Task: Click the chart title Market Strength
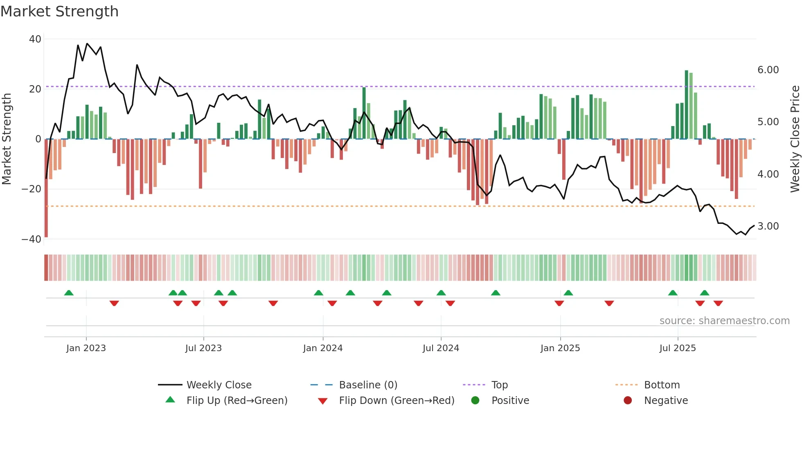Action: click(x=59, y=11)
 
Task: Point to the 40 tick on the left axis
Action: click(x=35, y=39)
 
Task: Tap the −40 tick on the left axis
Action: click(x=32, y=239)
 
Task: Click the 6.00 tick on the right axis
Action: click(x=768, y=70)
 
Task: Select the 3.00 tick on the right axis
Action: click(x=768, y=226)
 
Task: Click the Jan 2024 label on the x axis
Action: click(x=322, y=348)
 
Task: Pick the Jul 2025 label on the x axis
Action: click(x=677, y=348)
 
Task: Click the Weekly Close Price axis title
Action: click(x=795, y=139)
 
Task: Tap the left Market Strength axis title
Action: click(x=7, y=139)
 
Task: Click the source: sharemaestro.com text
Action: click(x=724, y=321)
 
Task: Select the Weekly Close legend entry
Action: click(x=219, y=385)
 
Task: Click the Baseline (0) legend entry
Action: click(x=368, y=385)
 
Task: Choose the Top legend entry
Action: click(x=499, y=385)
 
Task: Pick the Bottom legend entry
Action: click(x=662, y=385)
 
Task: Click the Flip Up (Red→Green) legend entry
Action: click(x=237, y=401)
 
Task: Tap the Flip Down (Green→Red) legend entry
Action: click(x=396, y=401)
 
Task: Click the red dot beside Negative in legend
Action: click(x=628, y=401)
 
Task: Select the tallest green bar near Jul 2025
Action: click(x=687, y=105)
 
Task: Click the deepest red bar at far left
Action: click(x=46, y=188)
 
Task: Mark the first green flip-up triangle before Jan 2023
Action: click(x=69, y=293)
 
